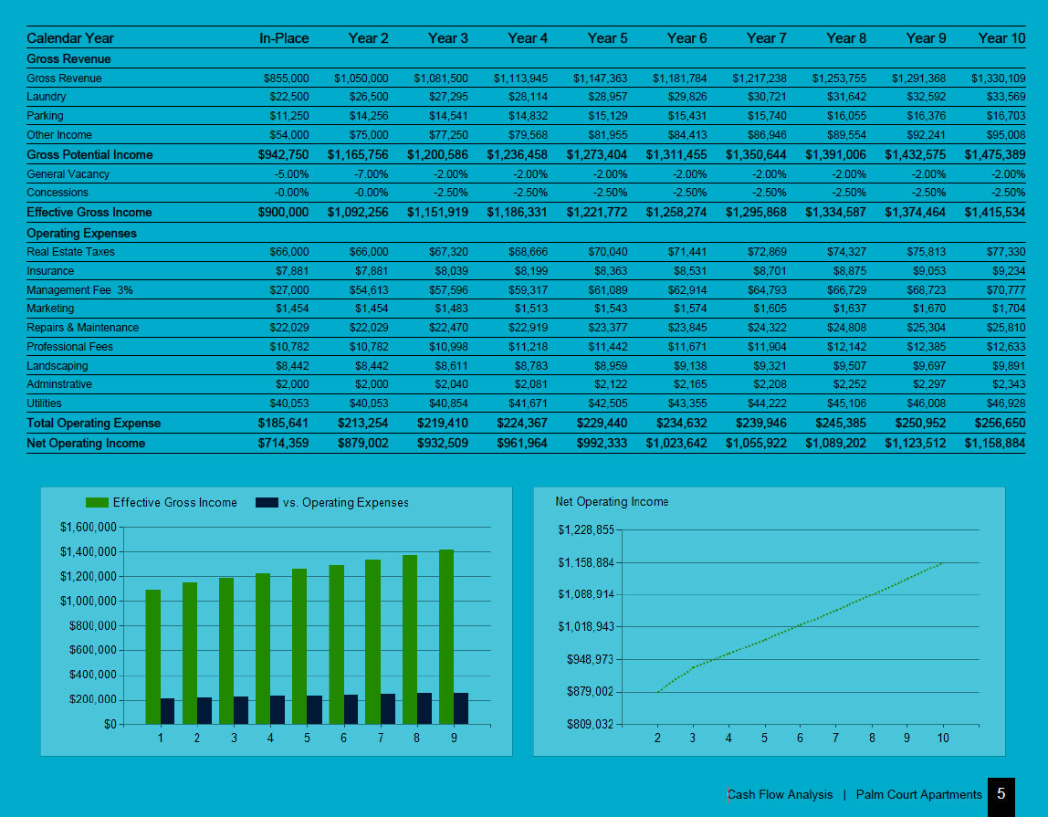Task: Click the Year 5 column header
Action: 607,38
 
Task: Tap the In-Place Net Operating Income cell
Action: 283,444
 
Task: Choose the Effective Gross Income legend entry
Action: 162,503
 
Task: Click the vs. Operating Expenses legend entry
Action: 332,503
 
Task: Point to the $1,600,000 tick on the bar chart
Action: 88,528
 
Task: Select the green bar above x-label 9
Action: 445,636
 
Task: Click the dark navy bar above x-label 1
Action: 168,711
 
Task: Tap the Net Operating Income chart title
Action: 612,502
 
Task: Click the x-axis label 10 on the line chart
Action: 943,738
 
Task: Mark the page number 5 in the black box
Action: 1001,794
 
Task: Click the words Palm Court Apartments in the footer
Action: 919,795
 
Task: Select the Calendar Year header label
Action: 70,38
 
